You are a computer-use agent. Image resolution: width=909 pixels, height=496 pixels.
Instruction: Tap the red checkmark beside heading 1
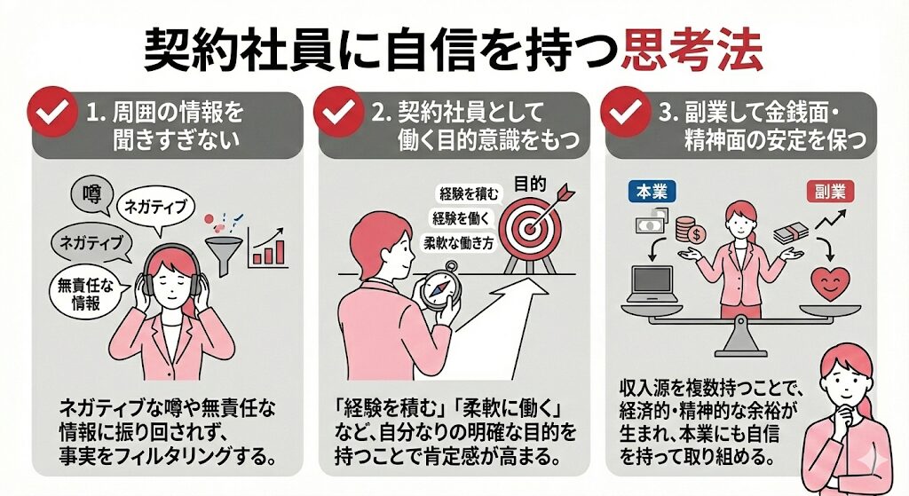point(54,114)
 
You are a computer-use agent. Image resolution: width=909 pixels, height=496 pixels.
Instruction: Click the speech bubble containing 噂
point(91,193)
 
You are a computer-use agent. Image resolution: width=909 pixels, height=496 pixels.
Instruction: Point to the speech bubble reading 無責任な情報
point(87,295)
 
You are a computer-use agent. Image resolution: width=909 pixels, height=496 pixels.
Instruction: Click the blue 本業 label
point(654,191)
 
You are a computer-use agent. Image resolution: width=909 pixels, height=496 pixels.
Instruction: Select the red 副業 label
point(825,191)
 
